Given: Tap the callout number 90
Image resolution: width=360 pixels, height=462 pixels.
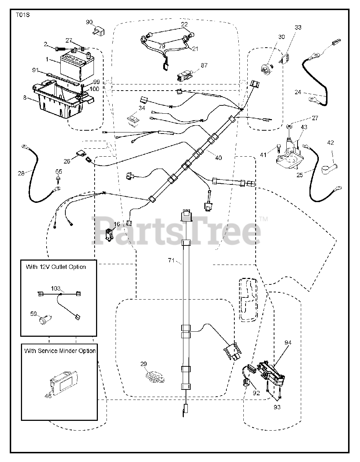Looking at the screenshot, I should pos(90,22).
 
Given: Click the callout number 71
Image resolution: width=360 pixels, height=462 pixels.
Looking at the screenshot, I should pos(172,260).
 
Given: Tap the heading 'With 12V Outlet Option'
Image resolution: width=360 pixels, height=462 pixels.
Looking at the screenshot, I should pos(56,267).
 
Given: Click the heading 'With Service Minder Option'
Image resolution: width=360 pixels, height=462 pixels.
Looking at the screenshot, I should pos(60,350).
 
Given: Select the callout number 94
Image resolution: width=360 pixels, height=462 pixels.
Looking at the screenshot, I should pos(288,343).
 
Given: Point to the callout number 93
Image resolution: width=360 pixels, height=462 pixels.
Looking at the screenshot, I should pos(277,407).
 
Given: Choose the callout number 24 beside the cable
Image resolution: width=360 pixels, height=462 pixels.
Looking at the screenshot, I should pos(298,92).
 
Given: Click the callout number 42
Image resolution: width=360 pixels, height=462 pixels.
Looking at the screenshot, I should pos(330,142).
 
